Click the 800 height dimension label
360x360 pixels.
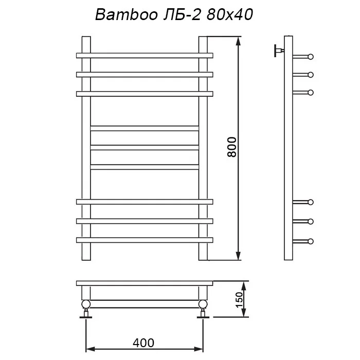click(x=231, y=147)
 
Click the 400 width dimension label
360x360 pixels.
click(x=143, y=343)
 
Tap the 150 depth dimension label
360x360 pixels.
click(x=239, y=300)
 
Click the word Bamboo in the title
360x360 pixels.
click(x=127, y=15)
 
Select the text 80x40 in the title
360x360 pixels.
click(x=230, y=15)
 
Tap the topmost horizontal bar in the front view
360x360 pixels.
click(x=145, y=56)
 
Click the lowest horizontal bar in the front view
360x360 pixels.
click(x=145, y=240)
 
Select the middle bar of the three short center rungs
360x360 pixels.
click(x=145, y=148)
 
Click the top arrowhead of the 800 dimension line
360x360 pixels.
click(x=238, y=41)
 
